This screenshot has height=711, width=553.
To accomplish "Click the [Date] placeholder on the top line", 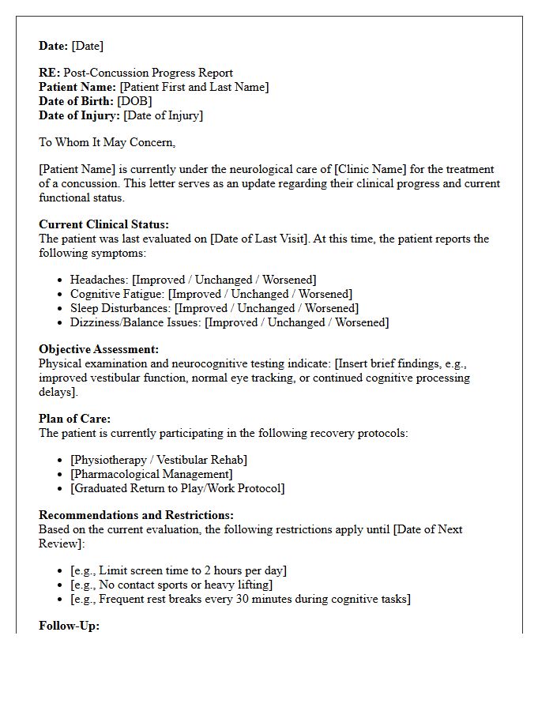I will [x=88, y=46].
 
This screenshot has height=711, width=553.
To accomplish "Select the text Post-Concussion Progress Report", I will [x=148, y=73].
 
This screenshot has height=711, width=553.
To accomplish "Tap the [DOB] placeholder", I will [x=134, y=101].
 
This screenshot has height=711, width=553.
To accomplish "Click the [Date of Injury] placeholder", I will [x=163, y=115].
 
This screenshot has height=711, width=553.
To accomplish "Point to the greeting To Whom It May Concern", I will [x=107, y=142].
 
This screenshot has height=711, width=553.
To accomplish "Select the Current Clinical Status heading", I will [x=103, y=224].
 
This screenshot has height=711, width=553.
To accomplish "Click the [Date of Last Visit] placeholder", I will [x=258, y=239].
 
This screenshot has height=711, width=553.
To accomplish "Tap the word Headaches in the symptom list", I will [x=99, y=280].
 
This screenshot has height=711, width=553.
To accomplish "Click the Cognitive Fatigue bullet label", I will [x=117, y=294].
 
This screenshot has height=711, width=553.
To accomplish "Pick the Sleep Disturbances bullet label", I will [x=120, y=308].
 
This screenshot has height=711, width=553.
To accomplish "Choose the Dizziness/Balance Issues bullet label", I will [x=135, y=322].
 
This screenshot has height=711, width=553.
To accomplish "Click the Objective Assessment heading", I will [x=99, y=349].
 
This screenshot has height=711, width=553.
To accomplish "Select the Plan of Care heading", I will [x=74, y=419].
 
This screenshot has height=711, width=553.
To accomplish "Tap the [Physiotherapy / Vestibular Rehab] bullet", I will [x=158, y=460].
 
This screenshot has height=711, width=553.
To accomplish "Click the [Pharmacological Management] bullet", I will [x=151, y=474].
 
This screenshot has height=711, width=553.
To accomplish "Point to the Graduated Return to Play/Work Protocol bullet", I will [x=177, y=488].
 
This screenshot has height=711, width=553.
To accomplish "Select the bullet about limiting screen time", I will [x=178, y=570].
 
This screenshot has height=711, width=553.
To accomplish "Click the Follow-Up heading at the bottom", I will [x=69, y=626].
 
